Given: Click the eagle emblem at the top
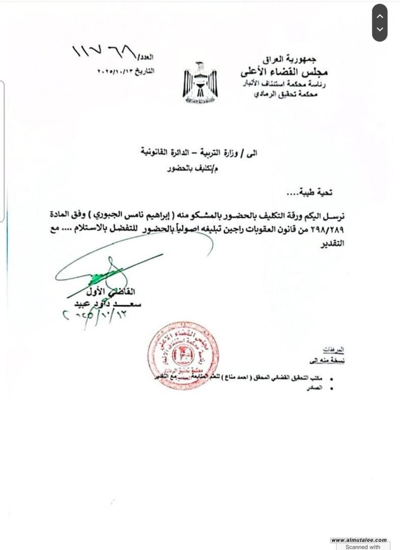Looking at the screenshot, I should pos(200,83).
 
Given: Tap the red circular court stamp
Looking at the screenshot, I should pos(183,356).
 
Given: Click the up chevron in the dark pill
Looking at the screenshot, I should pos(379,16).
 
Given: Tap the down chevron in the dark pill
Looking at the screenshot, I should pos(379,30).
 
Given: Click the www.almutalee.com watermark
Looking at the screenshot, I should pos(359,540).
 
